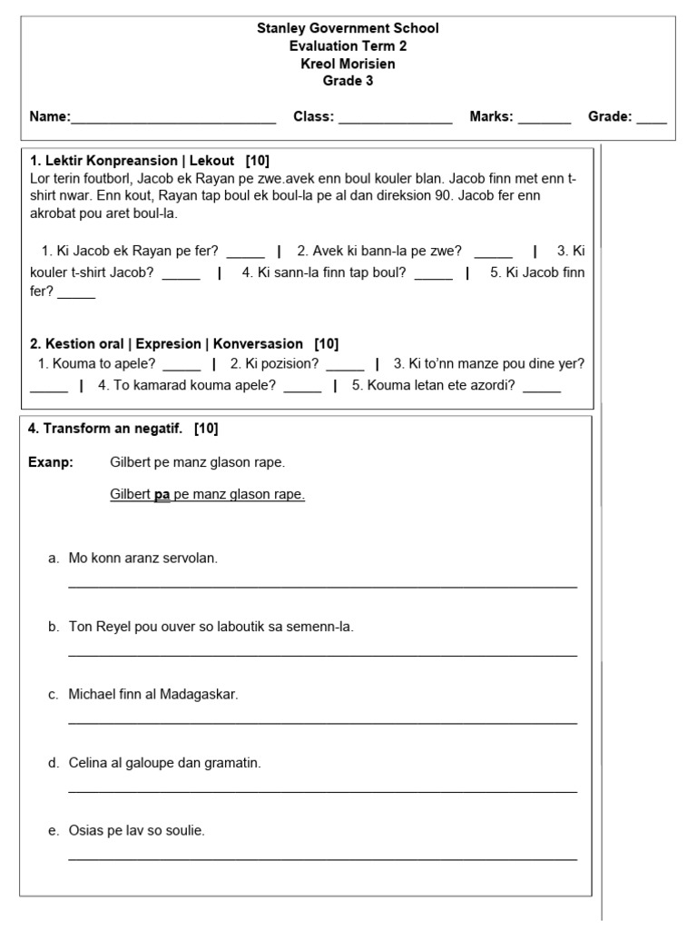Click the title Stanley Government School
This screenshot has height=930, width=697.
(x=348, y=28)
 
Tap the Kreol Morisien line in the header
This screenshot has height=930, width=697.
(x=348, y=64)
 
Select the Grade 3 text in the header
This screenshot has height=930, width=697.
(x=348, y=81)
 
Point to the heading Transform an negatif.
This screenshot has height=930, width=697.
(x=106, y=429)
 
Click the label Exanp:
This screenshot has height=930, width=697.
(x=51, y=462)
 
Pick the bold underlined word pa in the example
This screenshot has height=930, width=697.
(x=162, y=495)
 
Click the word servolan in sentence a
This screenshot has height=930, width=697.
(x=186, y=559)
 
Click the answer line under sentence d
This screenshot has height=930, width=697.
(x=322, y=792)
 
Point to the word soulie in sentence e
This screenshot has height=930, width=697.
(x=185, y=831)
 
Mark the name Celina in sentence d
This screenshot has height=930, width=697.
(x=88, y=763)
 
